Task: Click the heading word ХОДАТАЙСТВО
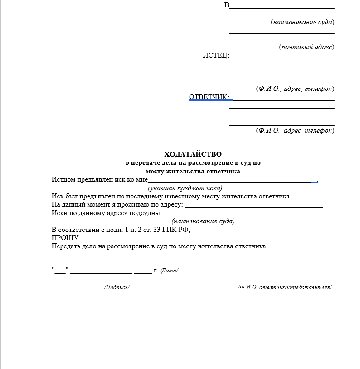tap(193, 154)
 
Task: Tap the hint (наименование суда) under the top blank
tap(302, 22)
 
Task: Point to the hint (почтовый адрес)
tap(306, 47)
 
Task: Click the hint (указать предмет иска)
tap(185, 188)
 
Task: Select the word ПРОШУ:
tap(66, 238)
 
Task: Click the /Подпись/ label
tap(117, 287)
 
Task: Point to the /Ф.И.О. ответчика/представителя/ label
tap(285, 287)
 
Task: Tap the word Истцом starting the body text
tap(63, 179)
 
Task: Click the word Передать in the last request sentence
tap(65, 246)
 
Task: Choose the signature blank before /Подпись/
tap(77, 288)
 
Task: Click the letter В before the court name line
tap(227, 5)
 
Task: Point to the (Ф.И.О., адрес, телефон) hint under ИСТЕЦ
tap(295, 89)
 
